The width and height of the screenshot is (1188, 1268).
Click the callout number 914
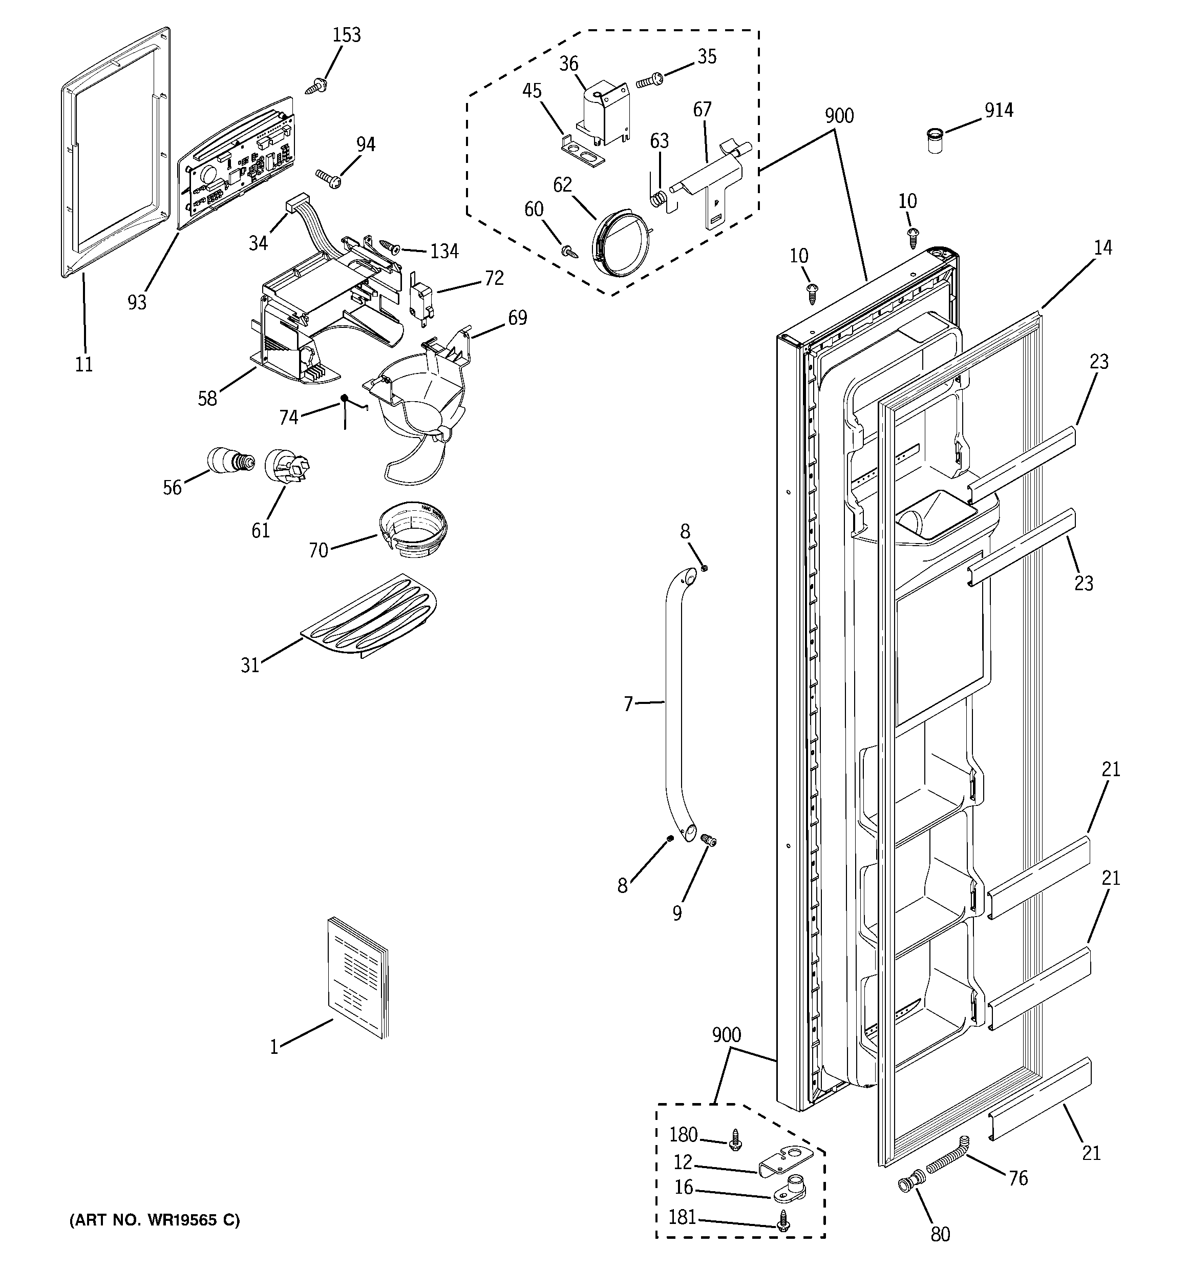pyautogui.click(x=999, y=110)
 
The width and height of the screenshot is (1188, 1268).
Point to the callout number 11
pyautogui.click(x=84, y=364)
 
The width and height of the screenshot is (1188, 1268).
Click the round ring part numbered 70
pyautogui.click(x=412, y=530)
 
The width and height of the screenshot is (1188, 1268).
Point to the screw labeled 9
pyautogui.click(x=708, y=841)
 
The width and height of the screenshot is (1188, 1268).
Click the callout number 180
pyautogui.click(x=683, y=1152)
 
